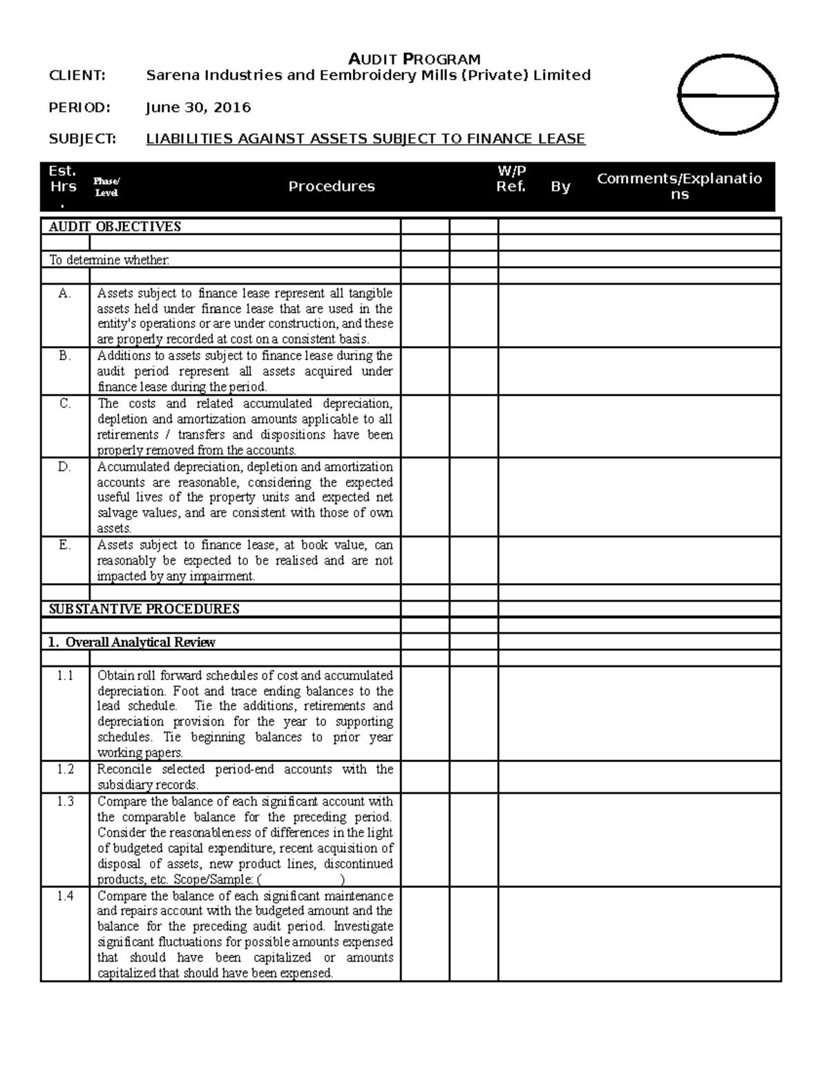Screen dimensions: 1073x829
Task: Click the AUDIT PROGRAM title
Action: pyautogui.click(x=414, y=59)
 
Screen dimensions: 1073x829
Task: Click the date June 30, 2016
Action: pyautogui.click(x=198, y=107)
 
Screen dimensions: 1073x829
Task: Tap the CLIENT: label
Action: pyautogui.click(x=77, y=75)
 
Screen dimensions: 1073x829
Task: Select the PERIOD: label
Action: pyautogui.click(x=79, y=107)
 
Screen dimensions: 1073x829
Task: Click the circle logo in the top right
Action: pyautogui.click(x=728, y=94)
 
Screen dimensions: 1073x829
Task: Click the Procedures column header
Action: pyautogui.click(x=332, y=187)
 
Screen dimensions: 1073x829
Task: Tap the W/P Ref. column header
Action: pyautogui.click(x=511, y=179)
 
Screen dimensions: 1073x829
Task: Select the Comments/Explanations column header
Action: pyautogui.click(x=680, y=187)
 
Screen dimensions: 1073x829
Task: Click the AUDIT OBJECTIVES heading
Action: pyautogui.click(x=115, y=227)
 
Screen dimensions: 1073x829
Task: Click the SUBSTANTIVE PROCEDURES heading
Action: pyautogui.click(x=144, y=609)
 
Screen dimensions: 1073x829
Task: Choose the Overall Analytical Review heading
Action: pyautogui.click(x=132, y=642)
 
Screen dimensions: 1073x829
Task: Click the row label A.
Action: pyautogui.click(x=65, y=293)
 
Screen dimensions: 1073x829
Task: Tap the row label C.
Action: pyautogui.click(x=65, y=403)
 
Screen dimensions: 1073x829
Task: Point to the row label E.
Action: pyautogui.click(x=65, y=544)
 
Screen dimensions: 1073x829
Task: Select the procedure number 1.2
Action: pyautogui.click(x=65, y=769)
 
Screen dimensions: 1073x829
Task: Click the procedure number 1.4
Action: pyautogui.click(x=65, y=895)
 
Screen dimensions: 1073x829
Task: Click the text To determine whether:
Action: pyautogui.click(x=109, y=260)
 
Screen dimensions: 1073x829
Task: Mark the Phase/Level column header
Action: pyautogui.click(x=106, y=187)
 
